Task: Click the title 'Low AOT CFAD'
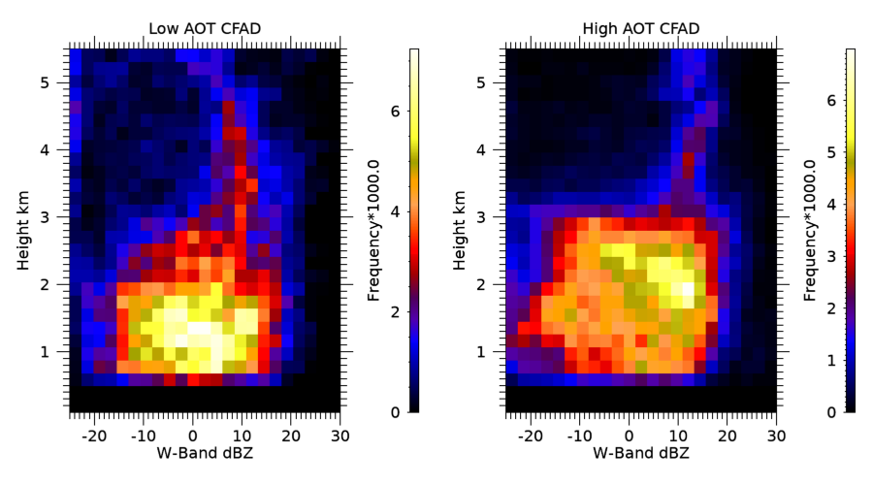(205, 28)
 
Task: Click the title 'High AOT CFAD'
(640, 28)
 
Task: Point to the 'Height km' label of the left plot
(24, 230)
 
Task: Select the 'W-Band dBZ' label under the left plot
(205, 451)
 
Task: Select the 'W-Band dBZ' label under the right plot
(640, 451)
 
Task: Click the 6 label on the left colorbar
(393, 112)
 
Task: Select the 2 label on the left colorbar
(393, 312)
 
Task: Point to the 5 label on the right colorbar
(829, 152)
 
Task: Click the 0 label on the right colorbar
(829, 412)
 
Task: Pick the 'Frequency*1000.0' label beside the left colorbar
(375, 230)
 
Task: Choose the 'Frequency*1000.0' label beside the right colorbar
(811, 230)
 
